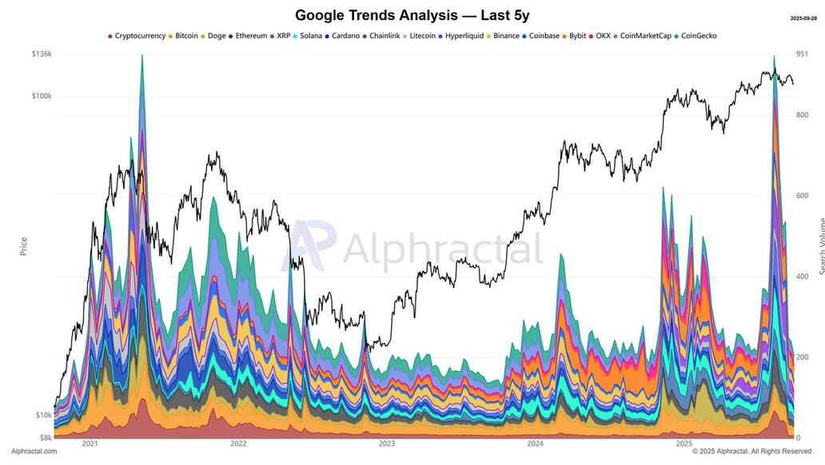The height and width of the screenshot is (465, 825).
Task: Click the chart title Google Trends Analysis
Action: tap(412, 15)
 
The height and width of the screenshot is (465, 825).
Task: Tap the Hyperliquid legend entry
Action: tap(464, 36)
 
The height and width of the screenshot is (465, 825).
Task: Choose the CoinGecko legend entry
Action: tap(699, 36)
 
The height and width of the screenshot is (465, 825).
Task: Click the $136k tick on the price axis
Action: tap(42, 54)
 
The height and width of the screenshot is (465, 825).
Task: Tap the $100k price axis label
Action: tap(42, 96)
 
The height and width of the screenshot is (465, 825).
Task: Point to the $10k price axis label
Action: tap(43, 415)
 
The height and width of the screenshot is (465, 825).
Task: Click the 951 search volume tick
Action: tap(803, 54)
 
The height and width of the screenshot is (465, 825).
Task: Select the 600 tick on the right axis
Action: tap(803, 196)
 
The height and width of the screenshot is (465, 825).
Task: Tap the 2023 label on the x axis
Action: tap(387, 443)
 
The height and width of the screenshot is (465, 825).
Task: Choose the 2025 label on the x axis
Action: tap(684, 443)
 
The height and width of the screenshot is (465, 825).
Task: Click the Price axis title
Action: tap(23, 246)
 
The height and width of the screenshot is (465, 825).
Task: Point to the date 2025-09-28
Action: tap(803, 18)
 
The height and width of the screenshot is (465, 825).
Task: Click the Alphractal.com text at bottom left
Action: tap(34, 451)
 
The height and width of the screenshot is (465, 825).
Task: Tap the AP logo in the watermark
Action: tap(313, 247)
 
